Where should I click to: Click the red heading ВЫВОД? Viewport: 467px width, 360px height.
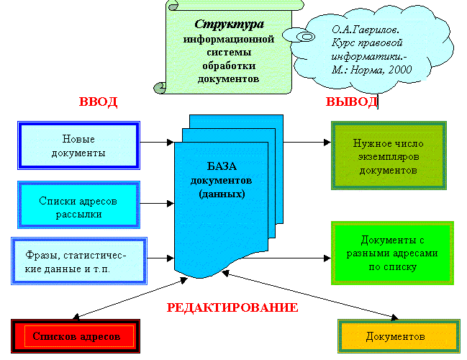tap(352, 102)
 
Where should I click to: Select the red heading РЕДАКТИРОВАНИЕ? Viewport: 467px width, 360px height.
tap(232, 307)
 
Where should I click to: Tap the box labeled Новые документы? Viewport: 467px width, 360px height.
tap(79, 146)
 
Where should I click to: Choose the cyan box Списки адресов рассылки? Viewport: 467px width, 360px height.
tap(78, 207)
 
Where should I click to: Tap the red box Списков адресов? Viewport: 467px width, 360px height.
tap(79, 336)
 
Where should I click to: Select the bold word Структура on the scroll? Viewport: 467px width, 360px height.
tap(219, 24)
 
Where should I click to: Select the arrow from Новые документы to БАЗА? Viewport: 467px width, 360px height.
tap(156, 141)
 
